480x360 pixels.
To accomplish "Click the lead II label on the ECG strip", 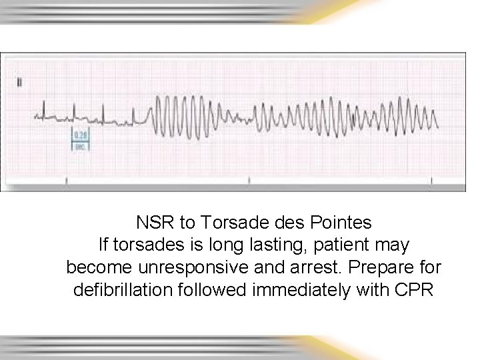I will pyautogui.click(x=20, y=82).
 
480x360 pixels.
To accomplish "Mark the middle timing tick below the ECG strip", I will pyautogui.click(x=249, y=180).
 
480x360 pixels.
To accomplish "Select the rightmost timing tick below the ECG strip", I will pyautogui.click(x=433, y=180).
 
